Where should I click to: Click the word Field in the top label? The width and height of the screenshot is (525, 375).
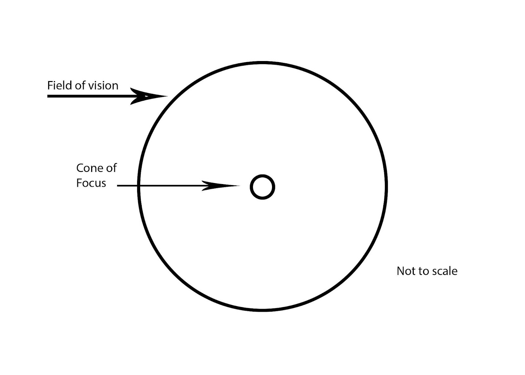pos(57,86)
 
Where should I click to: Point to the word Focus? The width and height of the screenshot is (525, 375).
pos(91,183)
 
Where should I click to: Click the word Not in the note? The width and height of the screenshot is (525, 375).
pos(405,271)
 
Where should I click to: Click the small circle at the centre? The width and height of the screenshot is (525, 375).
pos(262,187)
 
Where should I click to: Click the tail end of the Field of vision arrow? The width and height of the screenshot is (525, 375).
pos(49,96)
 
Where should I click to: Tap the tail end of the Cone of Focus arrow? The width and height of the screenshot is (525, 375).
pos(118,186)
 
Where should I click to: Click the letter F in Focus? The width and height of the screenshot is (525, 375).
pos(79,183)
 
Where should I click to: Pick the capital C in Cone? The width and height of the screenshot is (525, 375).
pos(80,168)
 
